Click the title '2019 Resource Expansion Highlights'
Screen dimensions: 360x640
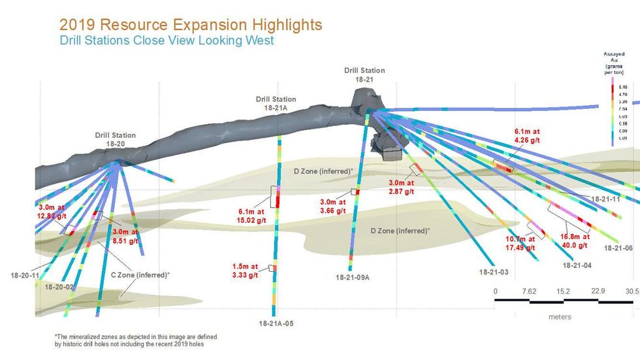(191, 25)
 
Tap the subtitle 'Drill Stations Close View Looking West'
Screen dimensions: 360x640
(166, 40)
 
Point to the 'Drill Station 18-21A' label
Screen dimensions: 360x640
(276, 103)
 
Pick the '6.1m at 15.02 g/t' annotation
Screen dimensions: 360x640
(251, 216)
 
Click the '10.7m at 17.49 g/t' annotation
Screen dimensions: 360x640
(520, 244)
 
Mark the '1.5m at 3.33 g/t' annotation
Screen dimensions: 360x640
(246, 270)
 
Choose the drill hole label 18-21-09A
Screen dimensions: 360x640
(353, 278)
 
